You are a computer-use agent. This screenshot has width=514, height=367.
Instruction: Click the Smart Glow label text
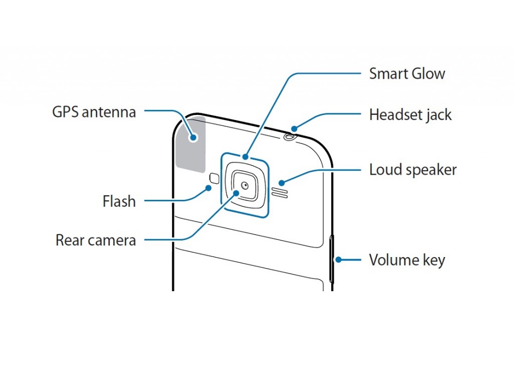(407, 74)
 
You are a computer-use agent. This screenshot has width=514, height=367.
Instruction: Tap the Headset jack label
(410, 115)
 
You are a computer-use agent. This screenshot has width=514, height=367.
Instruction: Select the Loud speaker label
(413, 170)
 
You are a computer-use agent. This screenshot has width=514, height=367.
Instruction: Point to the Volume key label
(407, 260)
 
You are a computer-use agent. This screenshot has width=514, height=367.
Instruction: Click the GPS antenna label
(94, 111)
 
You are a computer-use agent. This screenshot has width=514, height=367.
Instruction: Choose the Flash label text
(119, 201)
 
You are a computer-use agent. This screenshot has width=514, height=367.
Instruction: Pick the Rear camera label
(95, 240)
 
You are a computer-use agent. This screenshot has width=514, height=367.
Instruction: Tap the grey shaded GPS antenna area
(192, 146)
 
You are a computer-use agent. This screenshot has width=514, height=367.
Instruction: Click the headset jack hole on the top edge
(290, 136)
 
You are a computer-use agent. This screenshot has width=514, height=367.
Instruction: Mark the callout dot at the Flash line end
(209, 188)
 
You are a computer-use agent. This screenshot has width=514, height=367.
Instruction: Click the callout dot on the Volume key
(339, 260)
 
